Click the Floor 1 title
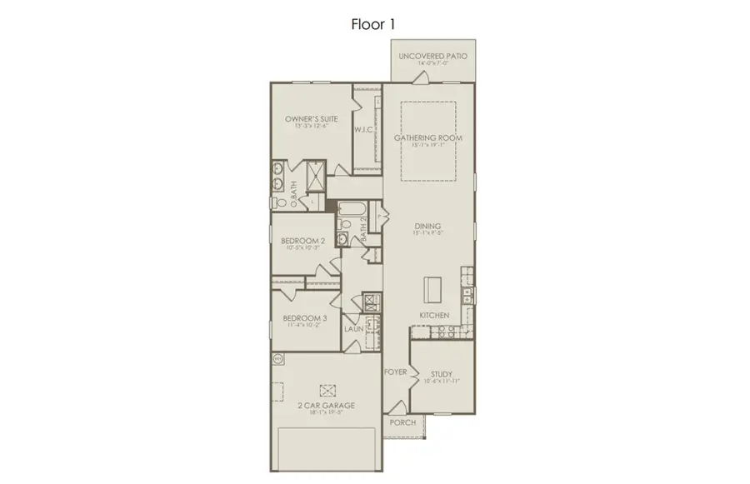[372, 24]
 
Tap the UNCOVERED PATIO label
[432, 56]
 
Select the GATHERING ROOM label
[428, 137]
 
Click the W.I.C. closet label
[362, 130]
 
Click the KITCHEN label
[434, 316]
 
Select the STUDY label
[442, 374]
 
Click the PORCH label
[402, 422]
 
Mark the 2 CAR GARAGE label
[327, 406]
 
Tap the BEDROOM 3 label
[304, 318]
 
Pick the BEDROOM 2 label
[303, 240]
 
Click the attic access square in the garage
[327, 389]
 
